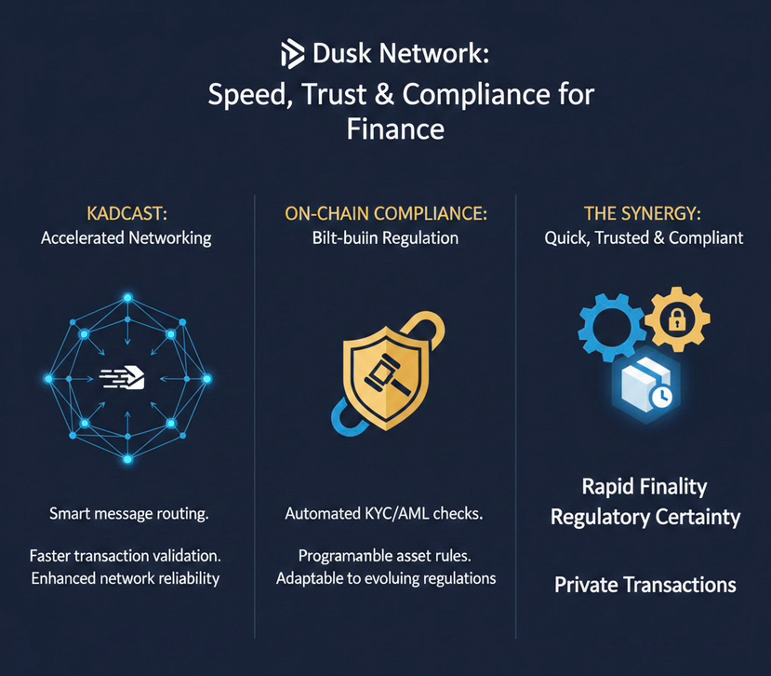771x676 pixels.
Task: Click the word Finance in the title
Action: pos(395,128)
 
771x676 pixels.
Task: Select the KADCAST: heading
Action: pos(126,213)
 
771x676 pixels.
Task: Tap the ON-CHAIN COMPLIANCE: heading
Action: pos(385,213)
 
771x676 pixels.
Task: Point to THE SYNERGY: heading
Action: pos(644,213)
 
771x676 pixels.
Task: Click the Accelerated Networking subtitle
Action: pos(126,238)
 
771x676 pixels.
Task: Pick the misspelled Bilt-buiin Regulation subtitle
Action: pos(385,238)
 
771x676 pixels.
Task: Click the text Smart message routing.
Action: pos(126,513)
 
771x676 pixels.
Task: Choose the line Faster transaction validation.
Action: pos(126,556)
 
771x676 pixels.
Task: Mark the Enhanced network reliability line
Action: pos(126,578)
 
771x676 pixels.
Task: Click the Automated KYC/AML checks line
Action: pos(385,513)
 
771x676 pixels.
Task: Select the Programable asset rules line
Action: pos(385,556)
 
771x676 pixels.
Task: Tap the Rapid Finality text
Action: pos(644,487)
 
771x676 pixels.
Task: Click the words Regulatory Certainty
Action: pos(644,517)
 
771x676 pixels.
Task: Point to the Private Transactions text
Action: pos(645,585)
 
